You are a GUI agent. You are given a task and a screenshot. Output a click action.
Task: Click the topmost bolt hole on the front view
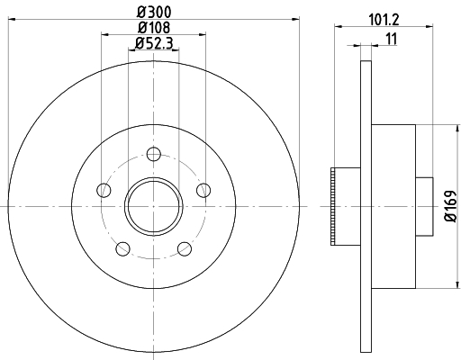click(x=154, y=153)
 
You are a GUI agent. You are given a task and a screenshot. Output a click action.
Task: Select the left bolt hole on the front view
click(x=104, y=190)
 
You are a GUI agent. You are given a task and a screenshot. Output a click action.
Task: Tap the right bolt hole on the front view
click(x=203, y=190)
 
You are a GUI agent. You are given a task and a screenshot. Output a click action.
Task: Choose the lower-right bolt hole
click(x=185, y=248)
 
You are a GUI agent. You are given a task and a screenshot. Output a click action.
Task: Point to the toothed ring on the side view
click(x=336, y=206)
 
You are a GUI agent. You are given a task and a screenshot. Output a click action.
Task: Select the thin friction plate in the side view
click(x=365, y=206)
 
